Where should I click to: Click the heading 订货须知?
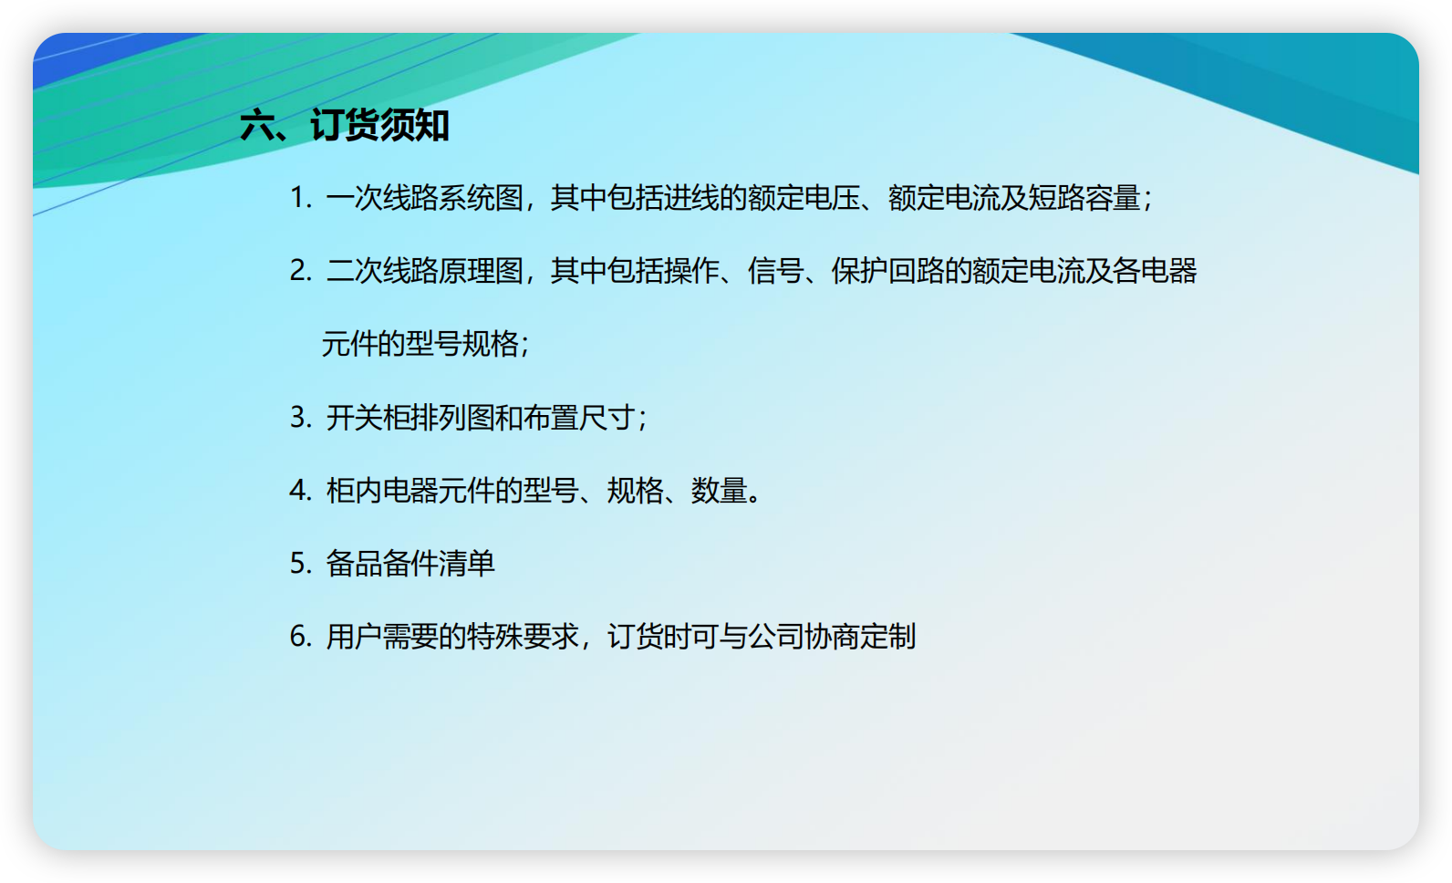coord(379,125)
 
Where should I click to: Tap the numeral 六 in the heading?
coord(257,125)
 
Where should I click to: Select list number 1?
coord(301,198)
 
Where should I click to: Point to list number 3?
coord(301,418)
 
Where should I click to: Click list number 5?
coord(301,564)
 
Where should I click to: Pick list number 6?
coord(301,637)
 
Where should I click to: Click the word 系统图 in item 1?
coord(481,198)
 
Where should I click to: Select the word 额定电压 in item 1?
coord(804,198)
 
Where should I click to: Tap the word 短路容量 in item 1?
coord(1084,198)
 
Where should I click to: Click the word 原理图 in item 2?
coord(481,271)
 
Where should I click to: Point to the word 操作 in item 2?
coord(691,271)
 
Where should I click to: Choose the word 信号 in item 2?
coord(776,271)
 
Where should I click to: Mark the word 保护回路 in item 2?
coord(888,271)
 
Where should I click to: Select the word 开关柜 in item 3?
coord(368,418)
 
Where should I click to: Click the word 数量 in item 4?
coord(720,491)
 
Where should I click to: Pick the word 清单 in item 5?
coord(467,564)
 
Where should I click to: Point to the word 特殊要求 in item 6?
coord(523,637)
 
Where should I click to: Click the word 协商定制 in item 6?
coord(860,637)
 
